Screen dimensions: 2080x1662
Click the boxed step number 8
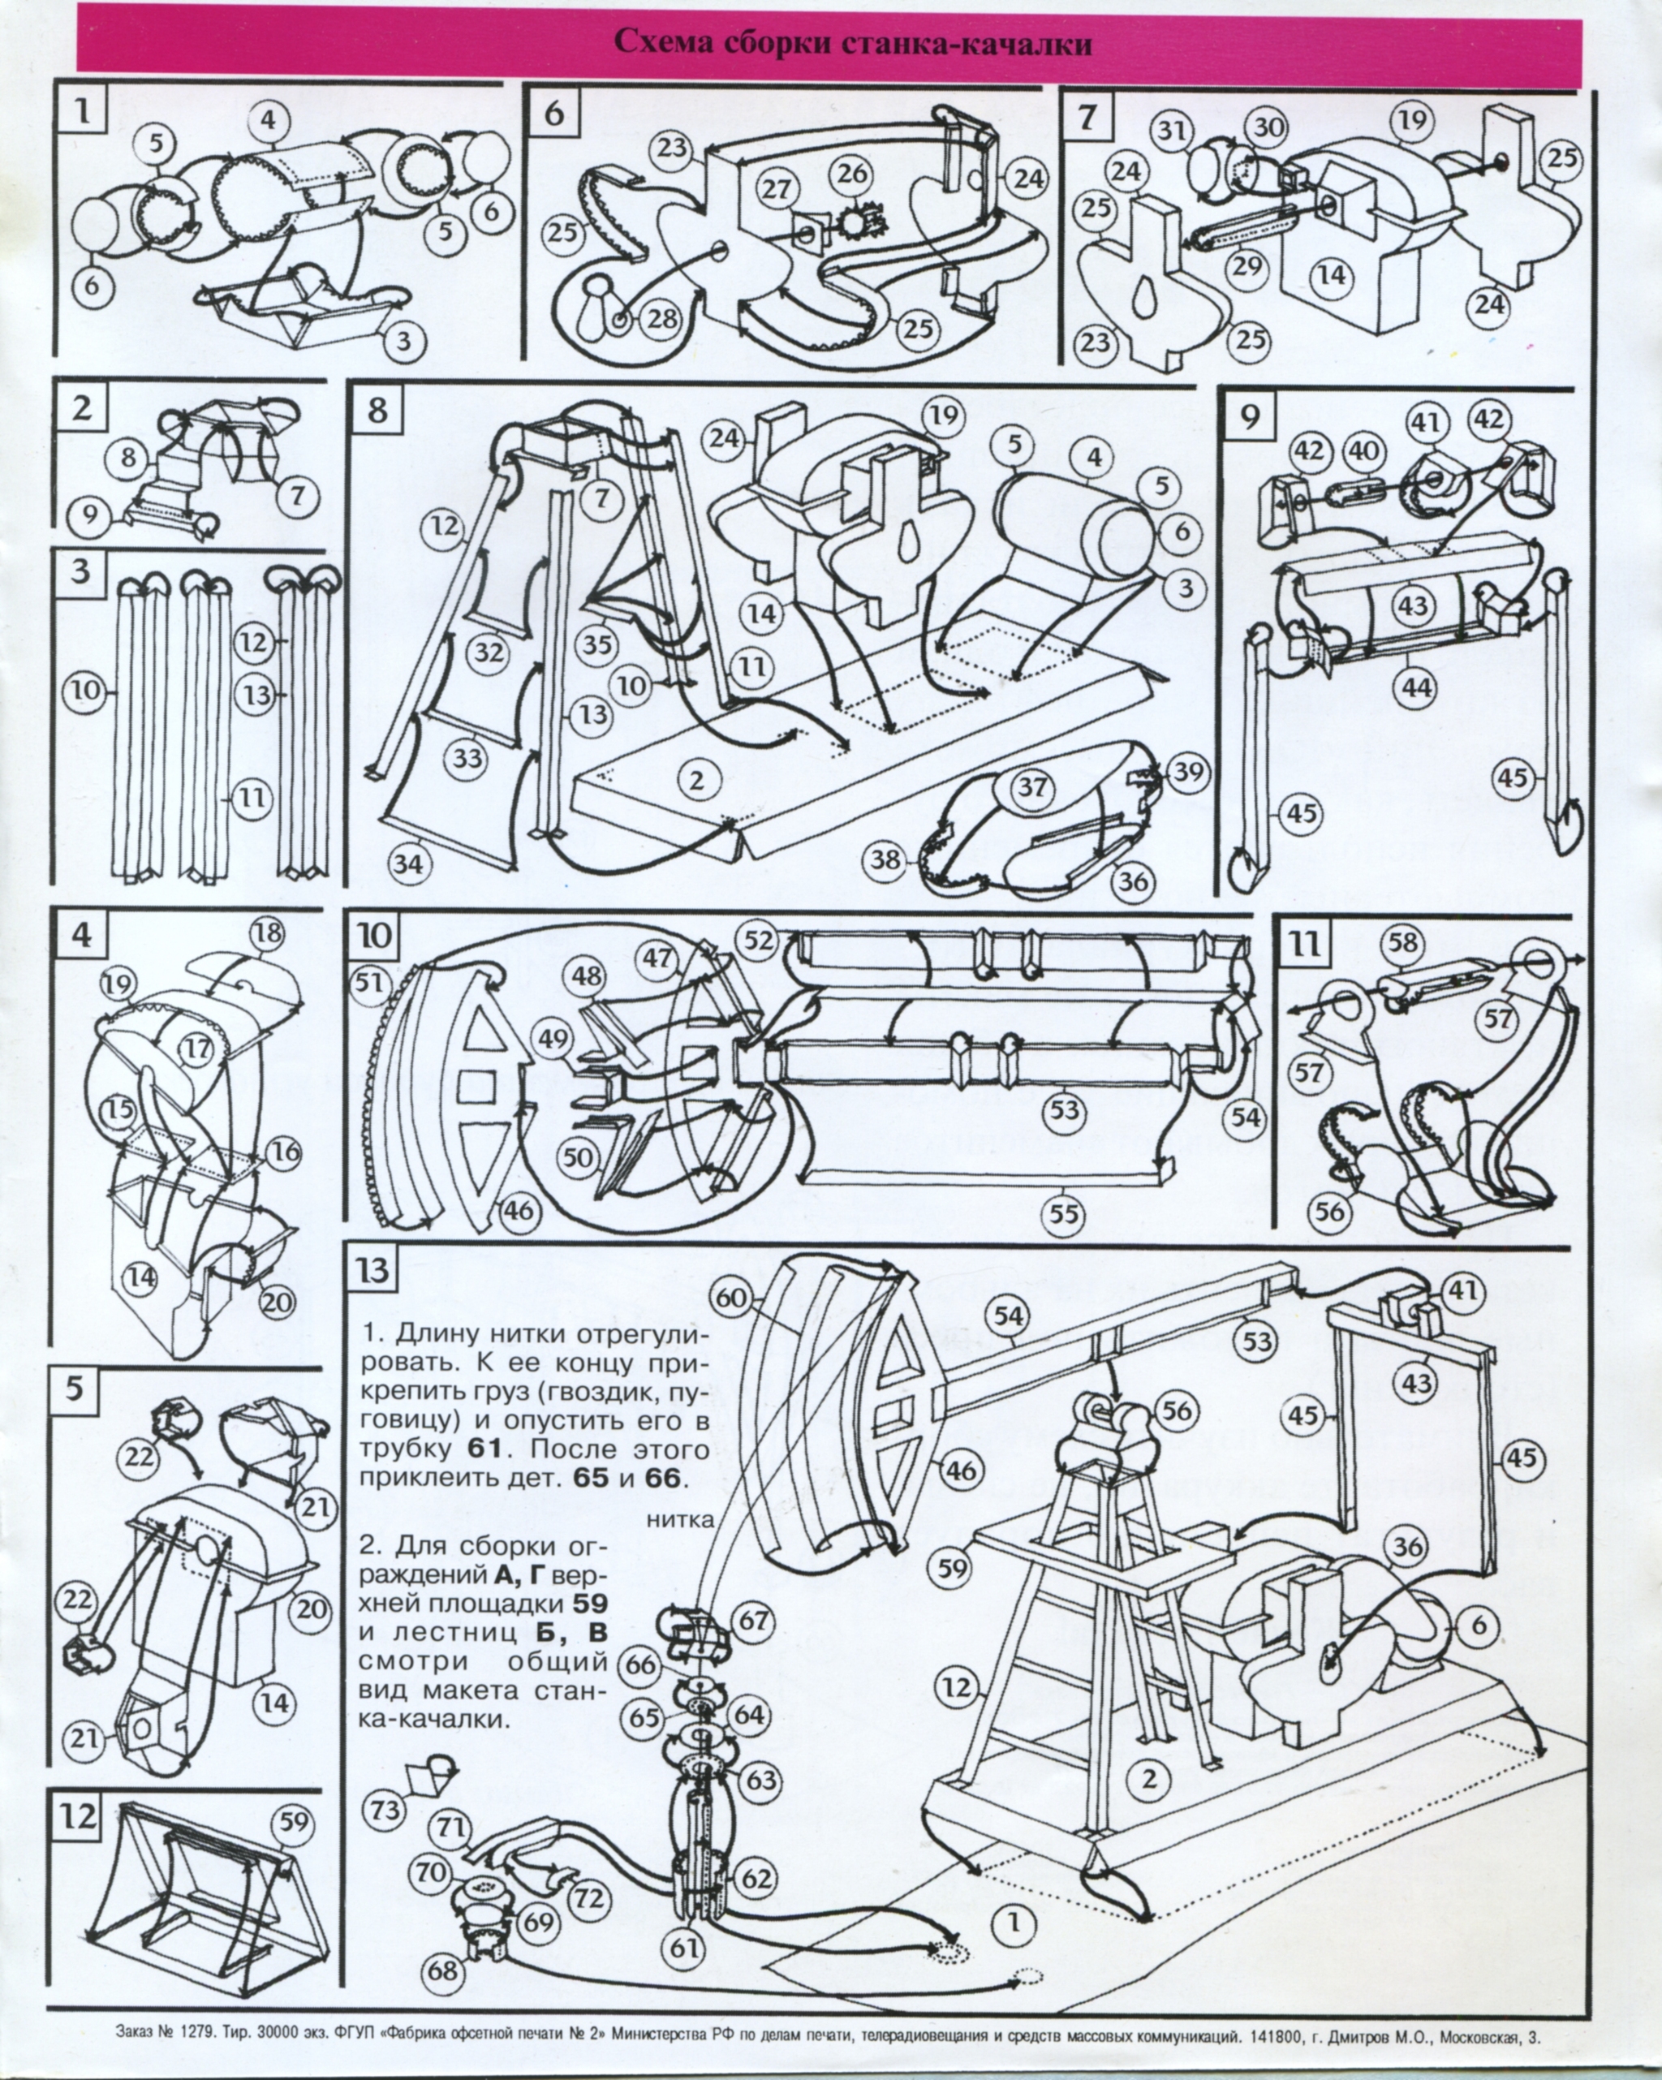[x=377, y=410]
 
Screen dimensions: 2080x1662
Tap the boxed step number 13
[x=374, y=1269]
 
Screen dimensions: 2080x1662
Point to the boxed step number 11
[x=1306, y=944]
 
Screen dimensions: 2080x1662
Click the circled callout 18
[x=267, y=933]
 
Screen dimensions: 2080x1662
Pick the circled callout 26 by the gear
[x=853, y=174]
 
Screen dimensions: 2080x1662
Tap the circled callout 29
[x=1247, y=265]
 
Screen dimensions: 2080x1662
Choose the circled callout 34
[x=409, y=863]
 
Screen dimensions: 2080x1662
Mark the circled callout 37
[x=1033, y=787]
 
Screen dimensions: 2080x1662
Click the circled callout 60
[x=732, y=1298]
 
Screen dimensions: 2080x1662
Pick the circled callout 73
[x=385, y=1810]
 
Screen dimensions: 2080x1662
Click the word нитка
[x=681, y=1519]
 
